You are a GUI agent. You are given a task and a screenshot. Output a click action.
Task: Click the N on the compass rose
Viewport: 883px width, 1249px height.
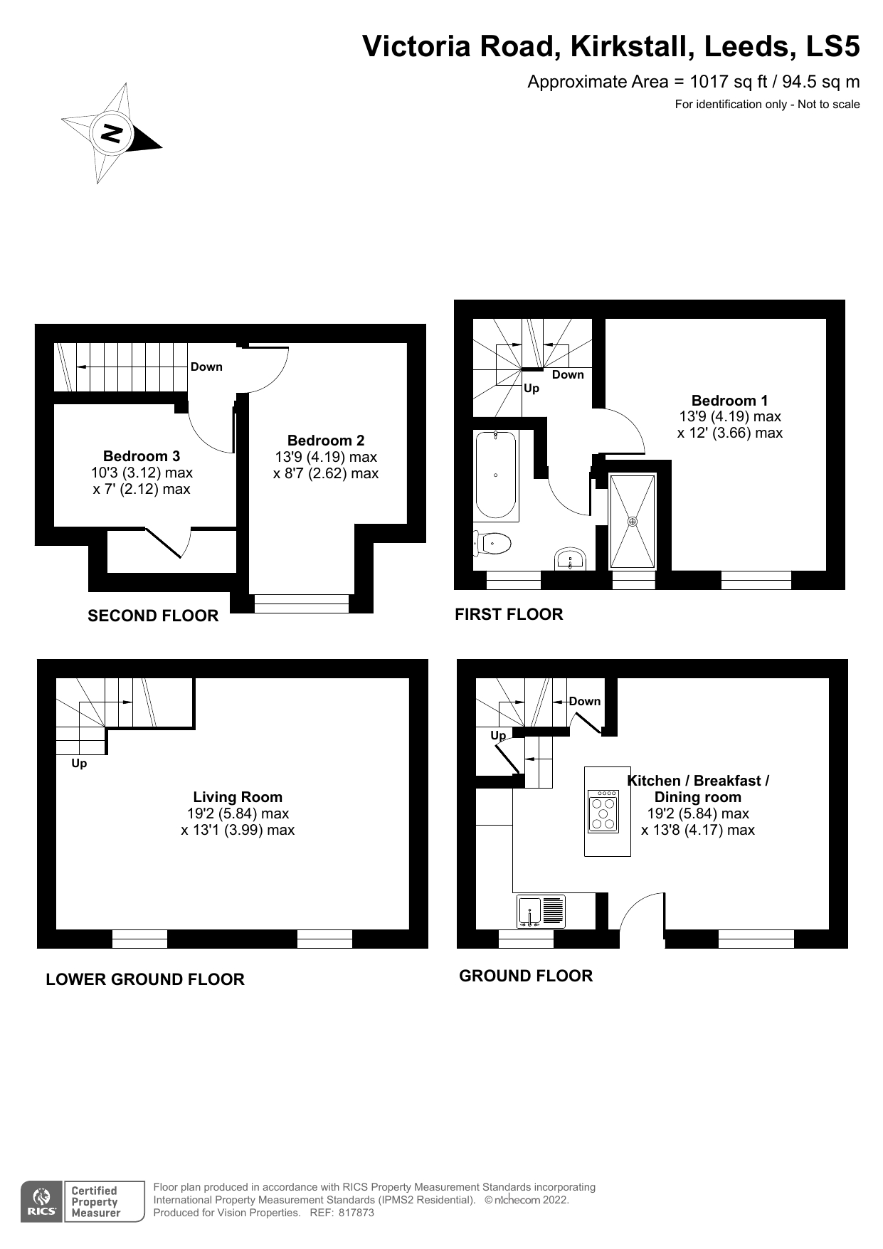(x=112, y=132)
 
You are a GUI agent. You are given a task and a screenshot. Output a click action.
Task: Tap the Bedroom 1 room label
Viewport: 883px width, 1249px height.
(x=729, y=401)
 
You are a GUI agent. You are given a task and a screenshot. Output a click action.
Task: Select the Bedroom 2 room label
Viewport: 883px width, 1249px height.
(x=325, y=441)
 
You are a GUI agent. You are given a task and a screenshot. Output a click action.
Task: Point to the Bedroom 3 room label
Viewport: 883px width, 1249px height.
(x=141, y=456)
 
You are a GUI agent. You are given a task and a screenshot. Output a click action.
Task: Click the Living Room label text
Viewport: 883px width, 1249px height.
(x=238, y=797)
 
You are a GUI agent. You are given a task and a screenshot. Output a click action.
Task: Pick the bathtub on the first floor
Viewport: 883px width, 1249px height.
(x=495, y=475)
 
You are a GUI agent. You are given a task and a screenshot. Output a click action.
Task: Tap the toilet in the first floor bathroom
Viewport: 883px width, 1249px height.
(x=493, y=544)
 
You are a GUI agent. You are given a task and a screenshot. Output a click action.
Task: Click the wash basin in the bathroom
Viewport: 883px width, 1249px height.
(x=571, y=559)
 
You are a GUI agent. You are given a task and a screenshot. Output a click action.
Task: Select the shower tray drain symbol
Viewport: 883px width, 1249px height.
(x=633, y=521)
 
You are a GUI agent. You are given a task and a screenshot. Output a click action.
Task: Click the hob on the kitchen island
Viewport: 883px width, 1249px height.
(x=603, y=811)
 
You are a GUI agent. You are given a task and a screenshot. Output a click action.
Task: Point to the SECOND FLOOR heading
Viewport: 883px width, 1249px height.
(x=153, y=616)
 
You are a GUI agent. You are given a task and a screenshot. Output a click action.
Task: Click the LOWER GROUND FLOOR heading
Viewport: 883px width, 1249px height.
(x=145, y=979)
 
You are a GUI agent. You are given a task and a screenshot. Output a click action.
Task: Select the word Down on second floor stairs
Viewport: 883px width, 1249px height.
(x=206, y=367)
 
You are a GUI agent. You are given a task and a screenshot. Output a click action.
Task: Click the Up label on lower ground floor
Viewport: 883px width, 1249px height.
(x=79, y=764)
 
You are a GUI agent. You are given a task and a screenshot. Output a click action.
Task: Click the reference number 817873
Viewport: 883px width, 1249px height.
(x=356, y=1213)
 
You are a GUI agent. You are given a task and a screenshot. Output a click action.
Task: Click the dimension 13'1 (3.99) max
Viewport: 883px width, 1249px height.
(x=238, y=830)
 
